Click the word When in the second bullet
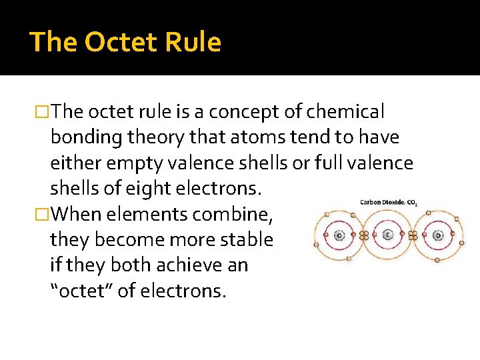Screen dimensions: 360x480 pos(75,215)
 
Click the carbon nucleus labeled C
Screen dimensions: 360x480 pos(388,235)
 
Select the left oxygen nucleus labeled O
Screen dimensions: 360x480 pos(339,235)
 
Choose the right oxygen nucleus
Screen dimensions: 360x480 pos(437,235)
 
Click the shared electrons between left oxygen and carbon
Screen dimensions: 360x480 pos(364,235)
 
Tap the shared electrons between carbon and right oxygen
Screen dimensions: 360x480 pos(413,235)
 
